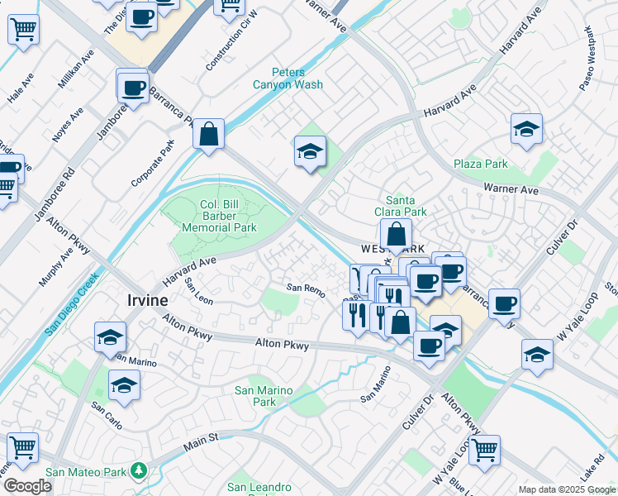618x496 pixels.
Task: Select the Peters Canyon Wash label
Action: coord(298,79)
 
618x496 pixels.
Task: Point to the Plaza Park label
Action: coord(480,164)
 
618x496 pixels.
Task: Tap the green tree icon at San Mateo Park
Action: coord(140,472)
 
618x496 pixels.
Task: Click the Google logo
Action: coord(27,486)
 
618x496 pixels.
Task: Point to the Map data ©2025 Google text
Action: coord(566,489)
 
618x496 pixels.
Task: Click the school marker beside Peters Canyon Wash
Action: coord(311,152)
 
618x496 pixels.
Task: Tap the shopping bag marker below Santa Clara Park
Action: coord(397,235)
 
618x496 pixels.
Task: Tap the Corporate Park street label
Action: coord(154,163)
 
